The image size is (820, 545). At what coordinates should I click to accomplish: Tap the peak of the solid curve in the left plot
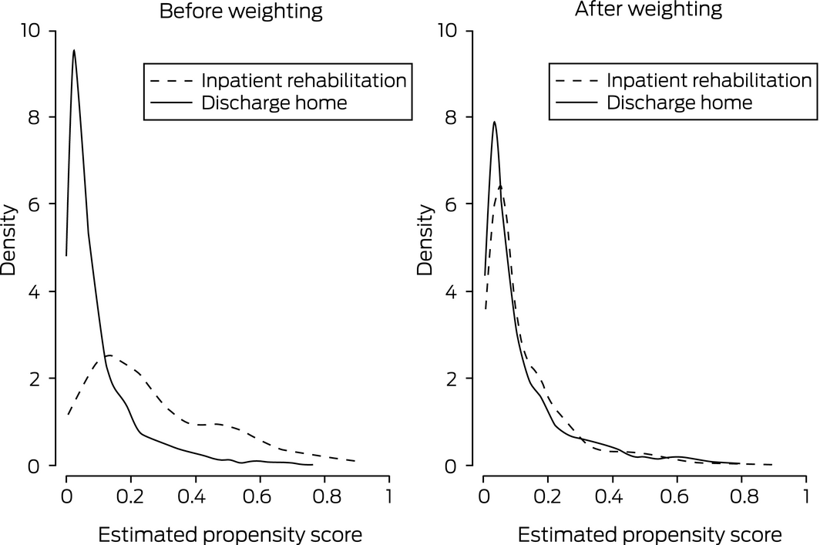coord(74,51)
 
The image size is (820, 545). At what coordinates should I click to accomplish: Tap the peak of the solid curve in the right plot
coord(494,122)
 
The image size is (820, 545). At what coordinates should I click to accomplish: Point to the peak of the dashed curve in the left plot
coord(109,355)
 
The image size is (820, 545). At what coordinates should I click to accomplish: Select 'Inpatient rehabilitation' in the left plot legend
coord(304,80)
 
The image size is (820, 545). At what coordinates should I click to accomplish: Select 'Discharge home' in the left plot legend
coord(274,102)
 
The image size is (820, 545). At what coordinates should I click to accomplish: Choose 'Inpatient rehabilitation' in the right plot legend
coord(709,80)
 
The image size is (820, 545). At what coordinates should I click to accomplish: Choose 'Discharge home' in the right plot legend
coord(680,102)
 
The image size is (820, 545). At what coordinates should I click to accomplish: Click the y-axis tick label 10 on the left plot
coord(35,31)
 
